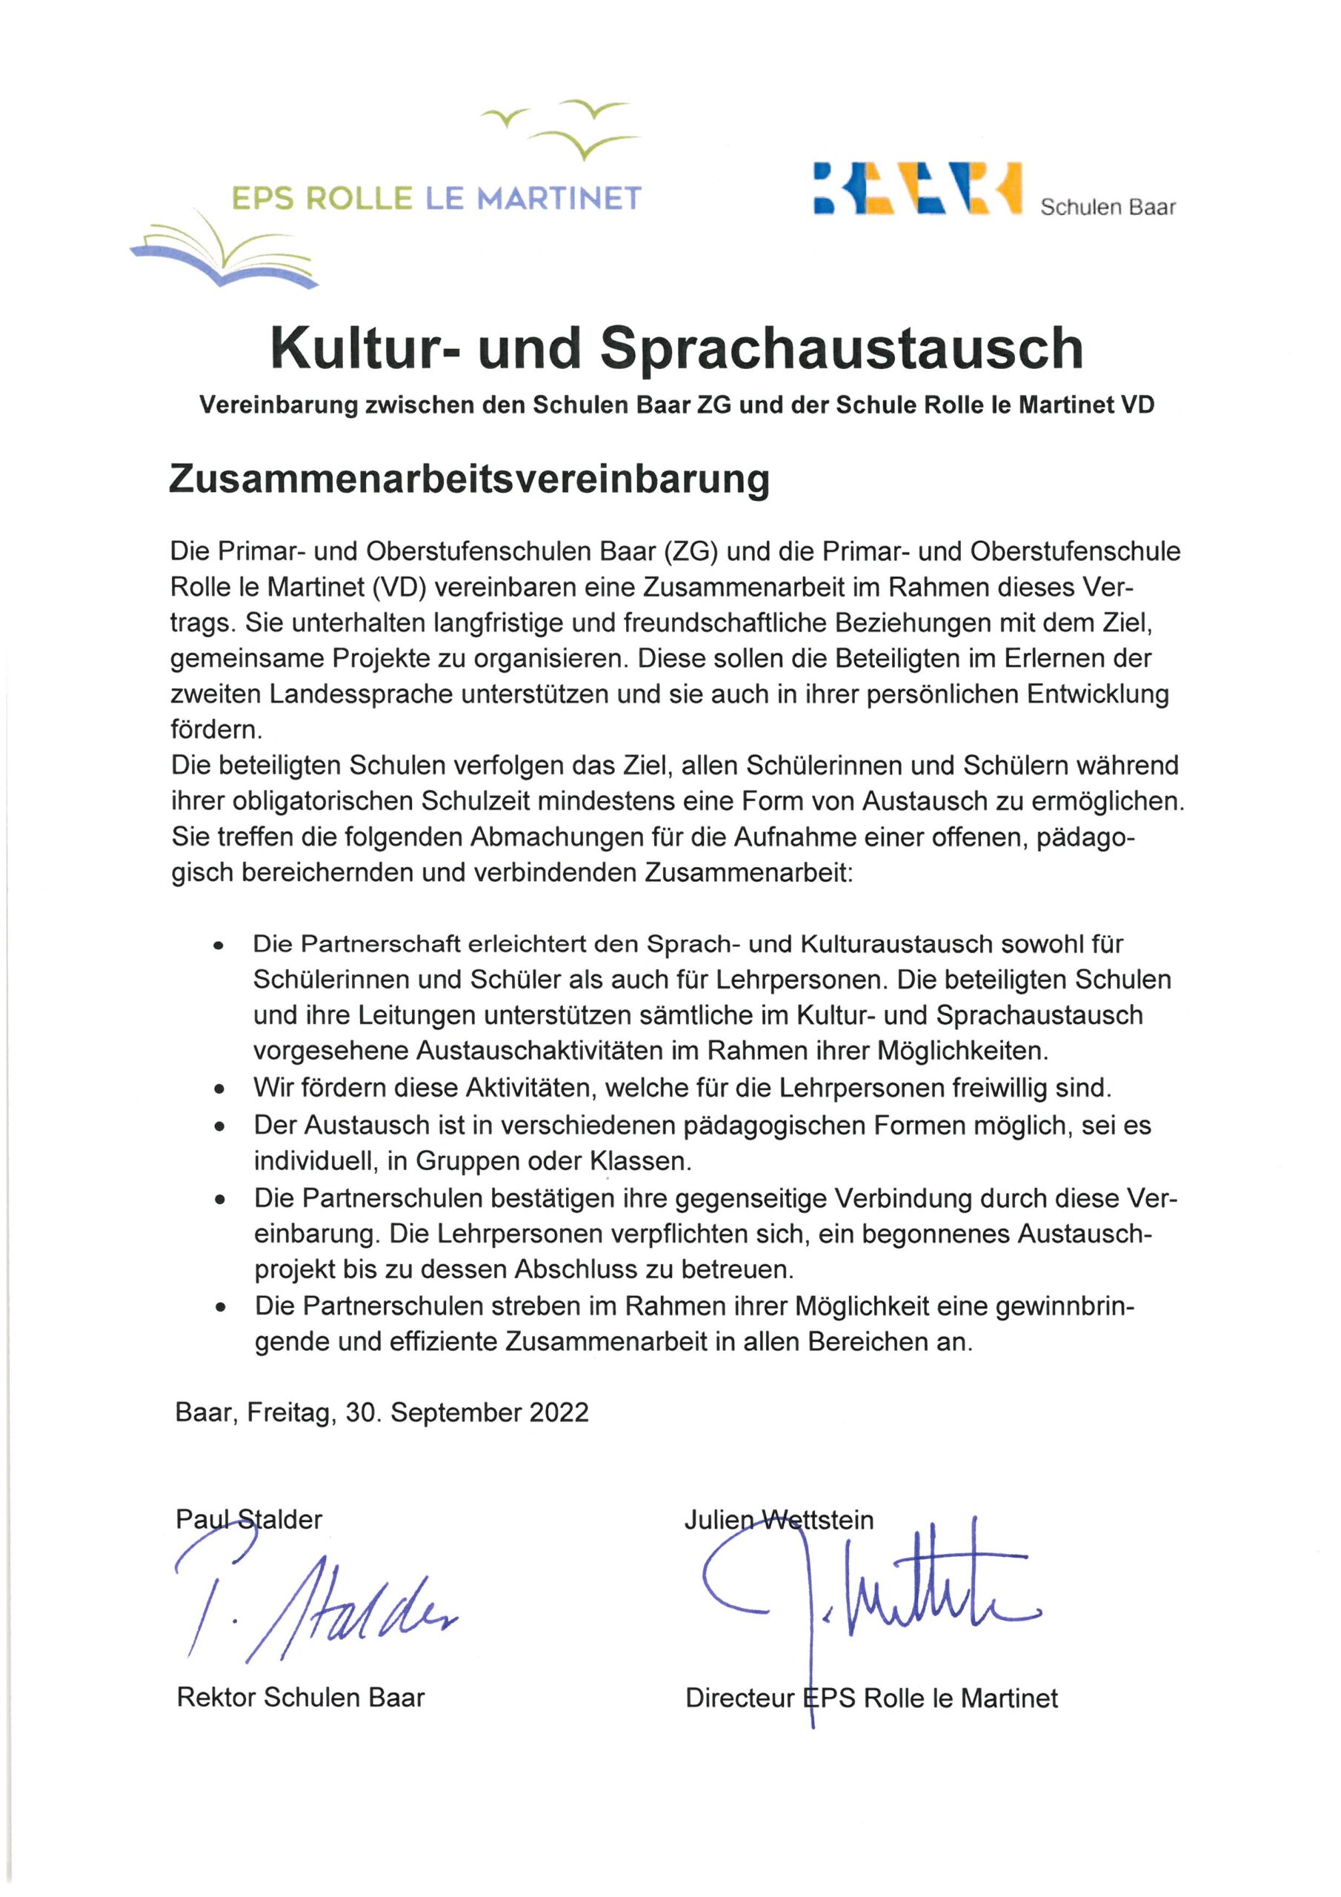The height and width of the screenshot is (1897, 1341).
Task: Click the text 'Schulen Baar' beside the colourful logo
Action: click(x=1107, y=207)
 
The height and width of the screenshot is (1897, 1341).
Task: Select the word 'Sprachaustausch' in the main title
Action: click(x=841, y=349)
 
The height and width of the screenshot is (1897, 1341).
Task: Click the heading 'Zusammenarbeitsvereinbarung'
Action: click(x=469, y=480)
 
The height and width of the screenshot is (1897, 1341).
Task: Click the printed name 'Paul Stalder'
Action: click(x=249, y=1518)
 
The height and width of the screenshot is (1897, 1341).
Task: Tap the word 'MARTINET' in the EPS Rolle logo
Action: click(x=559, y=199)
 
